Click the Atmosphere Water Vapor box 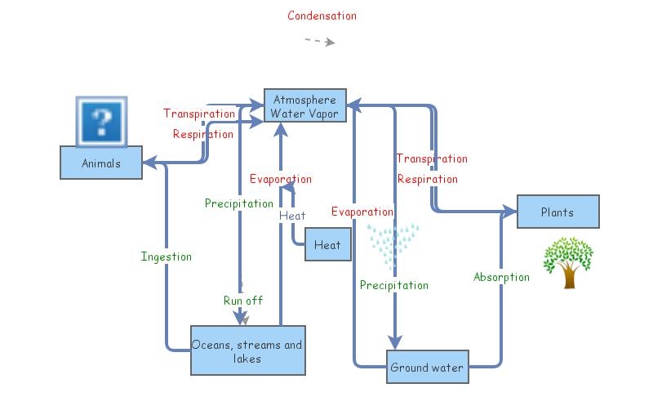pyautogui.click(x=304, y=106)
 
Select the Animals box pyautogui.click(x=101, y=163)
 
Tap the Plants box pyautogui.click(x=557, y=212)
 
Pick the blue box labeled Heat pyautogui.click(x=327, y=245)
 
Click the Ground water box pyautogui.click(x=426, y=368)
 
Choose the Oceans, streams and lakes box pyautogui.click(x=246, y=351)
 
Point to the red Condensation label pyautogui.click(x=322, y=16)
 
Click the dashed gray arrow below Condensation pyautogui.click(x=320, y=41)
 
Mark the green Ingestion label pyautogui.click(x=167, y=256)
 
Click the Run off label pyautogui.click(x=243, y=301)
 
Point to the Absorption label pyautogui.click(x=501, y=277)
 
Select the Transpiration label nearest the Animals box pyautogui.click(x=199, y=114)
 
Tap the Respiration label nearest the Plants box pyautogui.click(x=427, y=179)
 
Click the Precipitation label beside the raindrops pyautogui.click(x=394, y=285)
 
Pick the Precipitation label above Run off pyautogui.click(x=239, y=203)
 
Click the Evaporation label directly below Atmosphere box pyautogui.click(x=281, y=179)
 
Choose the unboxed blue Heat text pyautogui.click(x=292, y=216)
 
